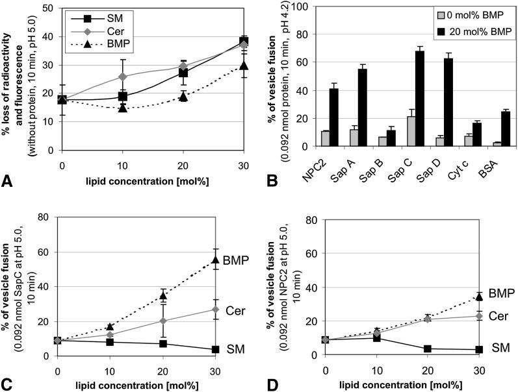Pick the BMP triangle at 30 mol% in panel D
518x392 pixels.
click(479, 296)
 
